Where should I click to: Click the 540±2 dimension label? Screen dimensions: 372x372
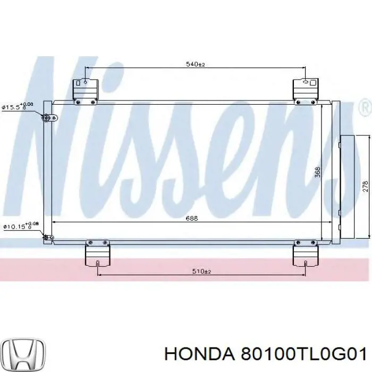(x=195, y=64)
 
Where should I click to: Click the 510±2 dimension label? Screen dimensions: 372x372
(x=201, y=271)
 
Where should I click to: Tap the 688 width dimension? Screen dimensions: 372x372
(x=191, y=218)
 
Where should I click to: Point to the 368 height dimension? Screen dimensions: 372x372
(x=317, y=172)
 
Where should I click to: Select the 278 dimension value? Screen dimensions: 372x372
(x=365, y=187)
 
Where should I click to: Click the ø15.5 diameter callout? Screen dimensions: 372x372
(x=18, y=106)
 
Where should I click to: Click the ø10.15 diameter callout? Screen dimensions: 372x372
(x=21, y=225)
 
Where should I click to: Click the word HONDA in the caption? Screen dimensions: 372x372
(x=199, y=354)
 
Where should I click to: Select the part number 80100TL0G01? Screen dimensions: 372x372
(x=303, y=354)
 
